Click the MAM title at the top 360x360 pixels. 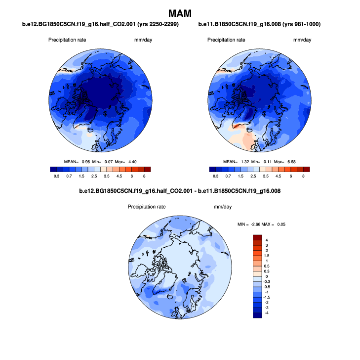coord(180,13)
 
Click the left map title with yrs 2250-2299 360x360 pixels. coord(101,24)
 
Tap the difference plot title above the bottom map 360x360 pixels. coord(181,191)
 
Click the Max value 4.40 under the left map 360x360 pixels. coord(136,162)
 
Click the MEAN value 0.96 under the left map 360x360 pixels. coord(85,162)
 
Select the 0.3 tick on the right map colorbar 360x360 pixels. coord(215,176)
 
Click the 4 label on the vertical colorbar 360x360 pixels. coord(267,240)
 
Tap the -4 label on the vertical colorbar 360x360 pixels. coord(267,313)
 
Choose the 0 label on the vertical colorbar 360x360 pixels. coord(267,276)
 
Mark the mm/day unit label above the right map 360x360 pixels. coord(302,40)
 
